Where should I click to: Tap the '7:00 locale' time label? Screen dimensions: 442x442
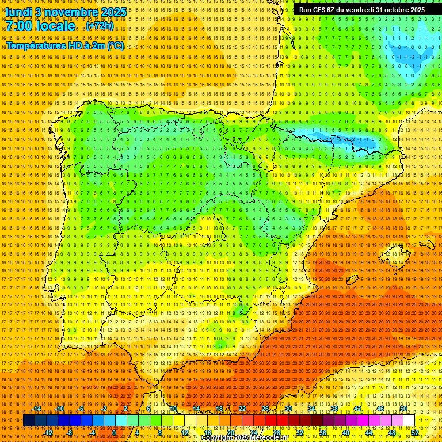coord(40,26)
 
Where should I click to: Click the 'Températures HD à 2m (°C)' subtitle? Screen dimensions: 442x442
coord(65,45)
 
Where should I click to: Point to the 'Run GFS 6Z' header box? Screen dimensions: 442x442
coord(362,10)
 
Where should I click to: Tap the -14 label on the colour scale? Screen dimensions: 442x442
coord(38,409)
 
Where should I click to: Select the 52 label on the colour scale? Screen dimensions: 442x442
coord(415,433)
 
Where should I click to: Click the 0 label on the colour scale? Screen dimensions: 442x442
coord(114,433)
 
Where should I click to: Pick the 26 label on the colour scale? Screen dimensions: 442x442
coord(265,409)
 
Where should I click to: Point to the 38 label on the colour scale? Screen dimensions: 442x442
coord(334,409)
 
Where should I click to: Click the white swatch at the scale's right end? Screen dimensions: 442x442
coord(409,421)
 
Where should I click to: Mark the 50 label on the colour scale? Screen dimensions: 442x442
coord(403,409)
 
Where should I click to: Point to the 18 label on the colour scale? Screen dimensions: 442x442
coord(219,409)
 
